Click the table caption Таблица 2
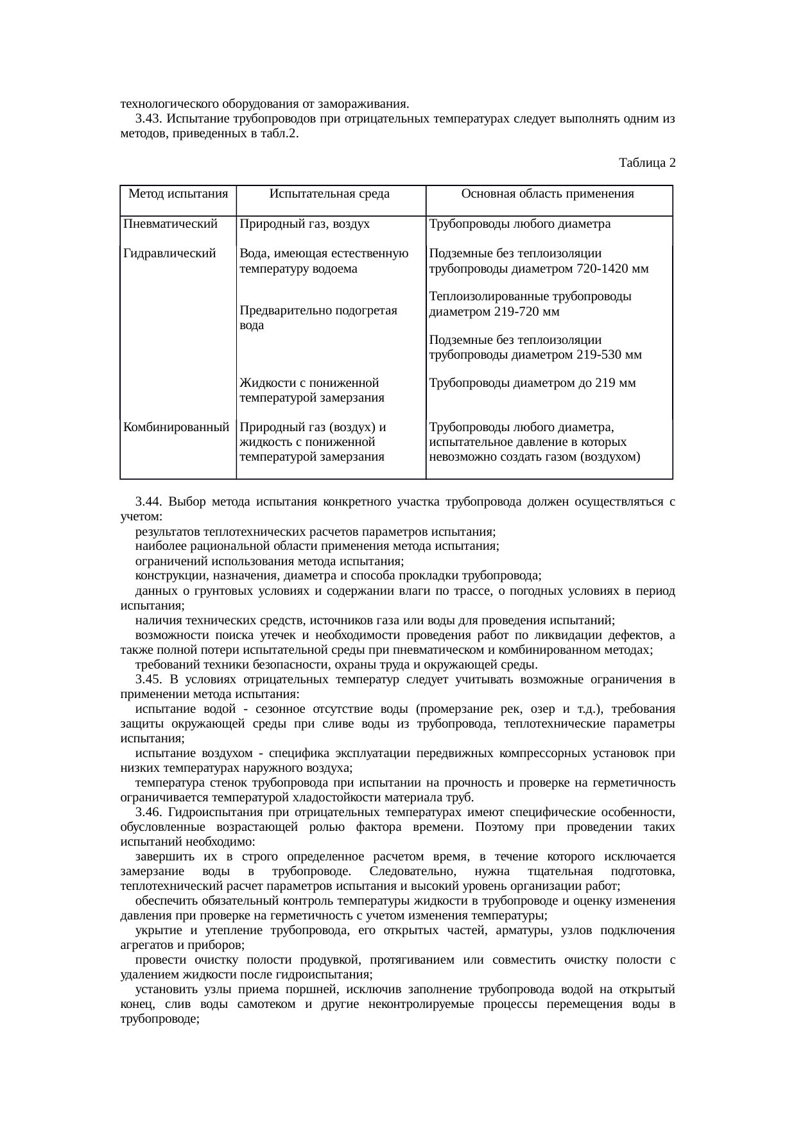(x=646, y=163)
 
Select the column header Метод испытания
(x=178, y=194)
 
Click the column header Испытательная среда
(x=329, y=194)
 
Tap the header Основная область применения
(x=548, y=194)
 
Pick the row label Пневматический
(x=170, y=225)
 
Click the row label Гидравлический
(x=169, y=253)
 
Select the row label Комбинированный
(x=177, y=427)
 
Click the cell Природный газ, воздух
(x=304, y=225)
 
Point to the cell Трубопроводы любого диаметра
(x=519, y=225)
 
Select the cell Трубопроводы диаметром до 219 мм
(x=532, y=384)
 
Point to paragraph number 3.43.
(x=148, y=119)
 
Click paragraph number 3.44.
(x=148, y=502)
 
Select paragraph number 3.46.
(x=148, y=813)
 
